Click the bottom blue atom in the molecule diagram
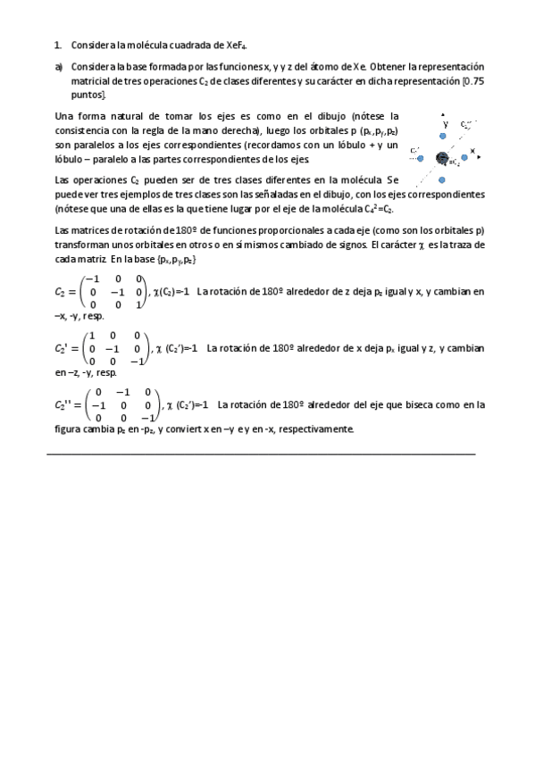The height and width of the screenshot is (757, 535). tap(441, 181)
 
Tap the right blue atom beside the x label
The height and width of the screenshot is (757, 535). tap(464, 157)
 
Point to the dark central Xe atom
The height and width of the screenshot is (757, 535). tap(441, 158)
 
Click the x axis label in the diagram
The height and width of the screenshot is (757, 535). tap(472, 150)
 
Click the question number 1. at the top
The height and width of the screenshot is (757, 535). tap(58, 45)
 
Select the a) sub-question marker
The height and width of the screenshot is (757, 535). tap(58, 67)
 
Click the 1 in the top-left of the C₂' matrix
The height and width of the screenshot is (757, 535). tap(90, 336)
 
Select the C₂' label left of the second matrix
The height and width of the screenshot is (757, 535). tap(63, 348)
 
